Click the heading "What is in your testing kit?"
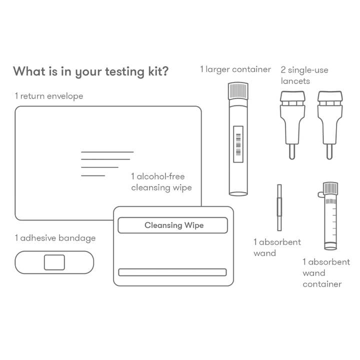pos(90,71)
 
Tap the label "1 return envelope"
pos(49,96)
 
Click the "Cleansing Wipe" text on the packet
pos(174,225)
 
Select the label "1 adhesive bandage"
pos(55,238)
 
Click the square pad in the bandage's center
pos(54,262)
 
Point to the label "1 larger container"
pos(235,69)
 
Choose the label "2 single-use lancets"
pos(304,75)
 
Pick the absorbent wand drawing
pos(279,207)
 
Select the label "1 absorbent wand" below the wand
pos(277,247)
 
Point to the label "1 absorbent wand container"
pos(326,273)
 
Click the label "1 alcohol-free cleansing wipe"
pos(161,182)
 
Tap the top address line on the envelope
pos(107,151)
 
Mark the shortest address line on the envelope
pos(93,175)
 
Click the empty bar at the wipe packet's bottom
pos(172,272)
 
